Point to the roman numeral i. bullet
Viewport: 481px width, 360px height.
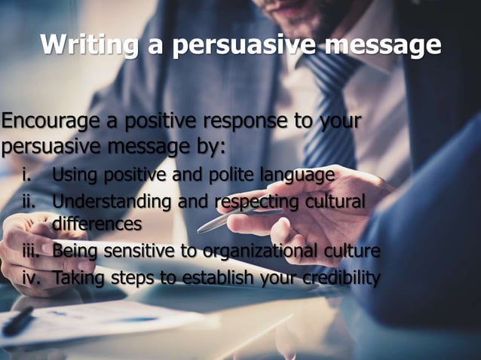click(26, 176)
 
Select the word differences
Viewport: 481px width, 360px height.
click(97, 224)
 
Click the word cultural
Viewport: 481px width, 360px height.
click(332, 202)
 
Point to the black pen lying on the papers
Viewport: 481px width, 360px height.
click(19, 322)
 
